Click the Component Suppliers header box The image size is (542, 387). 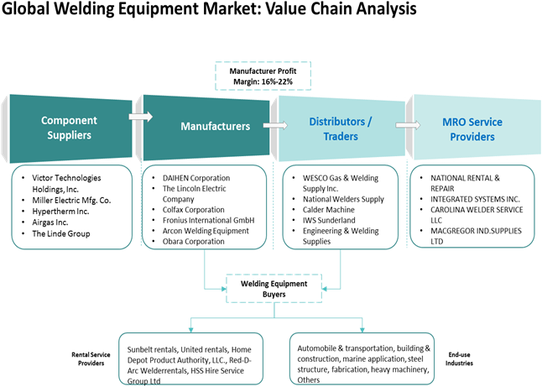tap(69, 128)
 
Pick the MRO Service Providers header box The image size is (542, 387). tap(472, 128)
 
